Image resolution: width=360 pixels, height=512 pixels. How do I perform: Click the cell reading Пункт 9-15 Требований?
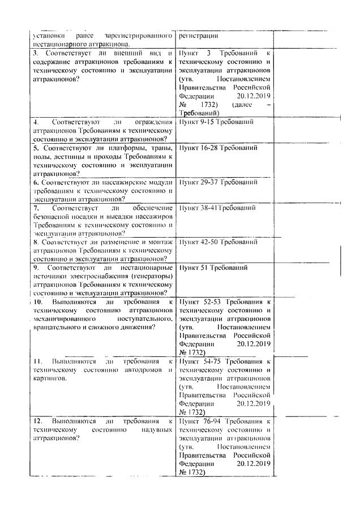(216, 122)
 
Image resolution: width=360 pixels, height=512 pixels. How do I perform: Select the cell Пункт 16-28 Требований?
(218, 148)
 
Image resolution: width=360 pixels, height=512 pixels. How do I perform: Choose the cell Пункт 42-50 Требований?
(218, 242)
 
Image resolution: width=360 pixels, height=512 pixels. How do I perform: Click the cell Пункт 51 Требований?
(211, 267)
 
